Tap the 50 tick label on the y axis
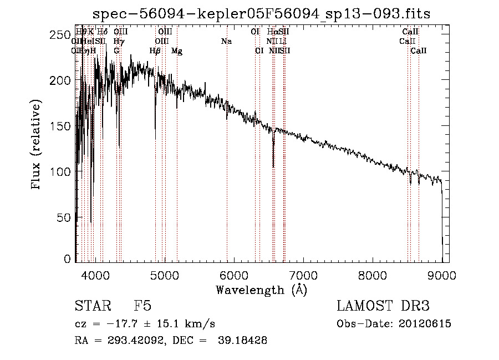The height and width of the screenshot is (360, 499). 64,217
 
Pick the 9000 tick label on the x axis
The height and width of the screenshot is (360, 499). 442,275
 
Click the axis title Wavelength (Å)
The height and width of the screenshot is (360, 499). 261,290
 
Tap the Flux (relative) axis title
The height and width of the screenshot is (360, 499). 37,145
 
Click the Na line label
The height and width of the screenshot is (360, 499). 226,42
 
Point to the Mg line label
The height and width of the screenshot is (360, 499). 177,51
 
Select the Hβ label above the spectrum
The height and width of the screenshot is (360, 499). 155,51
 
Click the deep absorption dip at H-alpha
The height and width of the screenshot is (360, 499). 273,165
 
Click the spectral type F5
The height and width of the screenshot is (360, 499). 142,306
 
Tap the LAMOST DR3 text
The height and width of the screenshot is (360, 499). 383,306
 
